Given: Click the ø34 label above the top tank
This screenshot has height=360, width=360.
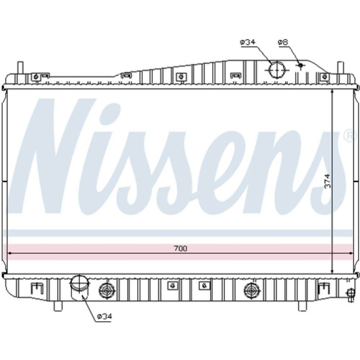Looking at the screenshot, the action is [248, 42].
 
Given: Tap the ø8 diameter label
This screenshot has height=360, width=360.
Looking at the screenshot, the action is [283, 42].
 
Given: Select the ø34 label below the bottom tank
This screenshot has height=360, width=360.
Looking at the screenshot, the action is [105, 316].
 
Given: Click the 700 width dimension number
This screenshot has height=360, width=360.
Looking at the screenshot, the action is [180, 248].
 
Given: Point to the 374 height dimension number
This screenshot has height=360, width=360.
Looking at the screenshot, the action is [328, 181].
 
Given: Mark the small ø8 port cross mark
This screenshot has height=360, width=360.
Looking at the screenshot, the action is [301, 66].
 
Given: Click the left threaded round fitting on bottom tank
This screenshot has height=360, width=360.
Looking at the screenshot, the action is [107, 291].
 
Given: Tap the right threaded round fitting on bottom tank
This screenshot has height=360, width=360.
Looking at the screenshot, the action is [252, 291].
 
